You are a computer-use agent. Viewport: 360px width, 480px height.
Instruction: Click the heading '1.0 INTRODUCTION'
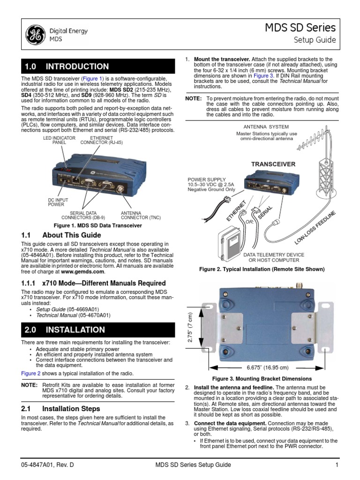[x=67, y=67]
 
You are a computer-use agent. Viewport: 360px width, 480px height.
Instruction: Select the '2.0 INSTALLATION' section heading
[x=65, y=330]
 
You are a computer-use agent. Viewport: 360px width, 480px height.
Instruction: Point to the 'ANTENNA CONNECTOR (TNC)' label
[x=141, y=215]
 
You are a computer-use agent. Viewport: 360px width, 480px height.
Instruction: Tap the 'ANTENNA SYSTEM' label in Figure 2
[x=266, y=127]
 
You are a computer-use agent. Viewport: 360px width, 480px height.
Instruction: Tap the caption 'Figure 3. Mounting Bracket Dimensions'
[x=262, y=378]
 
